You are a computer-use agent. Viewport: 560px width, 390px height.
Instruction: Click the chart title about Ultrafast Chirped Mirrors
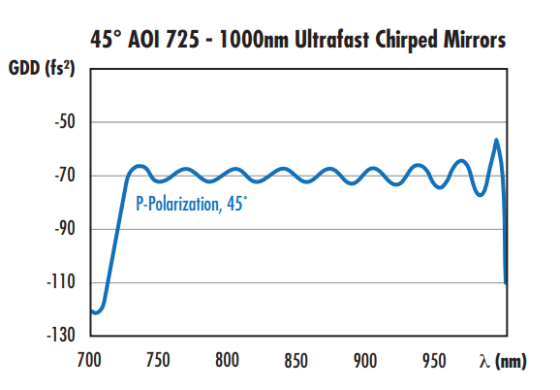[280, 42]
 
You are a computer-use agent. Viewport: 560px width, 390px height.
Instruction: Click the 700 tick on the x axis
[89, 360]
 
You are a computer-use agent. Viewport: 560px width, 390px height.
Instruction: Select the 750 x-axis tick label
[159, 360]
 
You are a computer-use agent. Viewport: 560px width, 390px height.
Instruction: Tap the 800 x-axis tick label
[228, 360]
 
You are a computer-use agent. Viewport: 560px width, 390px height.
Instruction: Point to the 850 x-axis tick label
[296, 360]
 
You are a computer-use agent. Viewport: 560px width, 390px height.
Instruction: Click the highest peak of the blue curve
[497, 140]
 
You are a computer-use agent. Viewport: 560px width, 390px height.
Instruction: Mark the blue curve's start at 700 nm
[91, 310]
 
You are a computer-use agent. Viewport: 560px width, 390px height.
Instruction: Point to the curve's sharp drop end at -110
[506, 281]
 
